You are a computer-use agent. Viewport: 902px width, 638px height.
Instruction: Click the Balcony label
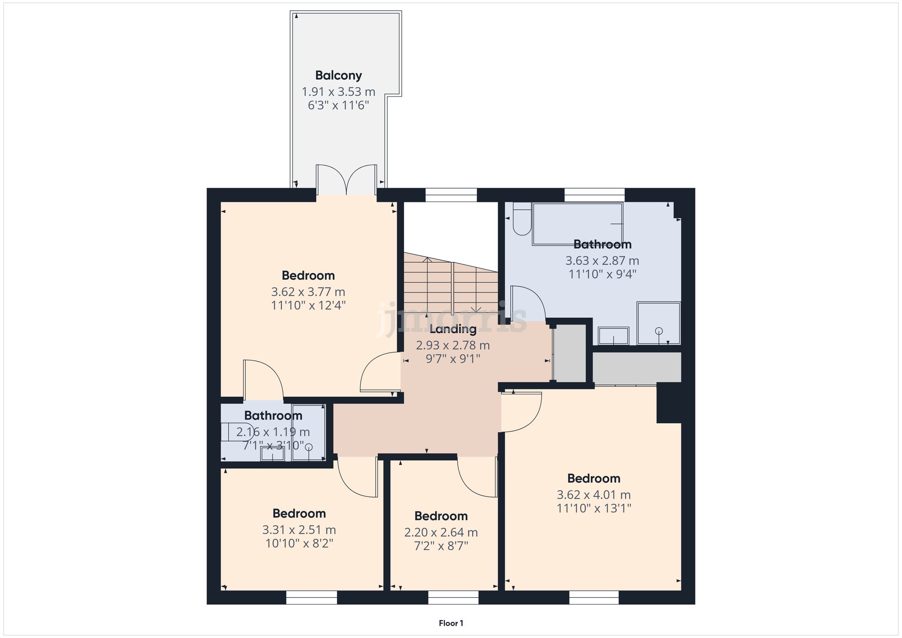coord(338,75)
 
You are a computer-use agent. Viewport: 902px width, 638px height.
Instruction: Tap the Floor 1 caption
coord(451,623)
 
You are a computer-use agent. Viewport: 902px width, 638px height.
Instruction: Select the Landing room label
coord(453,329)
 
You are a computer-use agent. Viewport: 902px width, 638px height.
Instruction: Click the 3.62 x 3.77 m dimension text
coord(308,292)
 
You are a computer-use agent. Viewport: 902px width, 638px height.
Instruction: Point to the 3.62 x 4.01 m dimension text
coord(594,495)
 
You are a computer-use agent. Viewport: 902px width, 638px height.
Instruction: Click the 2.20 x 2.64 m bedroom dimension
coord(441,532)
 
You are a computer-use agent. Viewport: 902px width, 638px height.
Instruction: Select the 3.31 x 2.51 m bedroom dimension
coord(299,530)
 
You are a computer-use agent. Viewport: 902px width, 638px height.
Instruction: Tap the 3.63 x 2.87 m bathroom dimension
coord(602,261)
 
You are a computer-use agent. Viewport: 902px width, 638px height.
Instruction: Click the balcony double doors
coord(346,179)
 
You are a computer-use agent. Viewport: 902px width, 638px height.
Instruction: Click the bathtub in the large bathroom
coord(577,224)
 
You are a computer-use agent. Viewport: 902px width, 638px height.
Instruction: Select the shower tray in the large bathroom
coord(658,323)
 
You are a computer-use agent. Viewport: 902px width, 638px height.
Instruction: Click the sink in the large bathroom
coord(613,336)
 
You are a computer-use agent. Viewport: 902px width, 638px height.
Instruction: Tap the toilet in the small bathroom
coord(236,432)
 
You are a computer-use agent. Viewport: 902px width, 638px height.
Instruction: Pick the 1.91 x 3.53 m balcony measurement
coord(338,92)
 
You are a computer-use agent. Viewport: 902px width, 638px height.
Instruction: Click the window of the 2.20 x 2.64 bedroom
coord(453,597)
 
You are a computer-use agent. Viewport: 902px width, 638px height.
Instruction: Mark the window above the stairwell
coord(451,195)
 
